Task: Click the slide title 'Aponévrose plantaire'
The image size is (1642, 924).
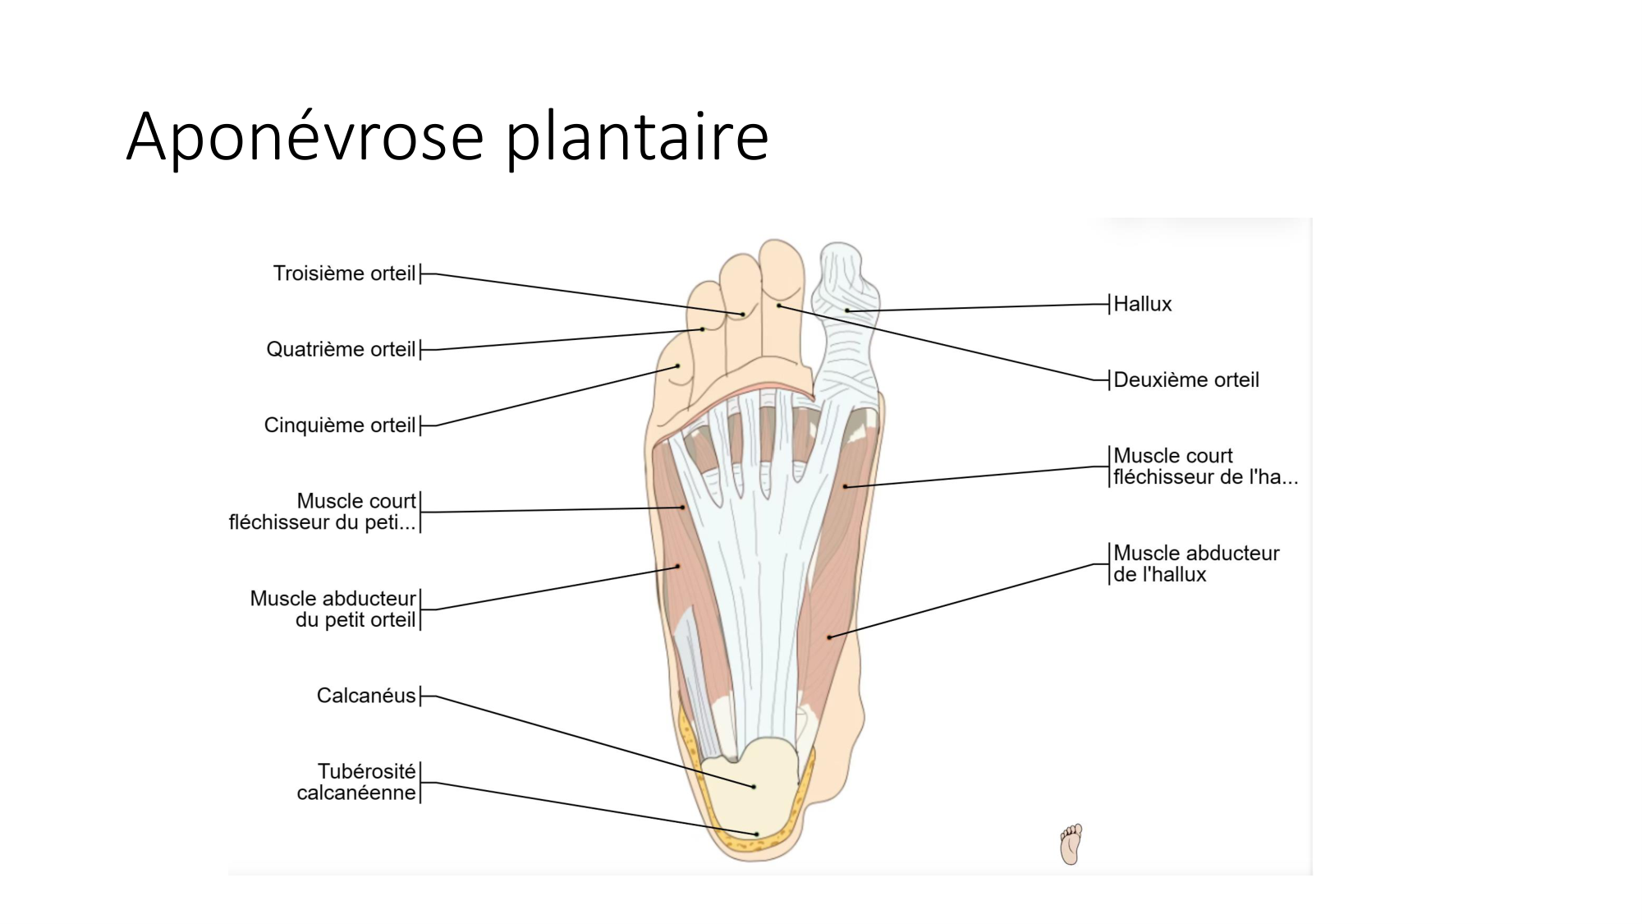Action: click(447, 136)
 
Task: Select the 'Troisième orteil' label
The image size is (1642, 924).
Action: click(344, 274)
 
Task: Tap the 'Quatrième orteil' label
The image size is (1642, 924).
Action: click(341, 350)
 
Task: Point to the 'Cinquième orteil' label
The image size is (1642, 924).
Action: click(339, 425)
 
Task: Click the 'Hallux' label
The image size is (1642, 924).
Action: click(1142, 305)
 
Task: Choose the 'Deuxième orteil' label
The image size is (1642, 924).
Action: click(1186, 380)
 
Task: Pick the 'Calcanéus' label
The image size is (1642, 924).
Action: click(366, 696)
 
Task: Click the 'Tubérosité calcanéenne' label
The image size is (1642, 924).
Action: click(357, 782)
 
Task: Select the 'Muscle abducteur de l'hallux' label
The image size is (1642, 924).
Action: click(1195, 564)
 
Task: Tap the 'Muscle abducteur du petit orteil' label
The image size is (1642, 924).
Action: click(333, 609)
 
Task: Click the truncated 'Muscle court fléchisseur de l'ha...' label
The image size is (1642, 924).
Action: click(1204, 467)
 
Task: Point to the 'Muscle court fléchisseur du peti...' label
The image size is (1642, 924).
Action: click(323, 512)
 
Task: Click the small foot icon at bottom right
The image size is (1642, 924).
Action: click(1071, 844)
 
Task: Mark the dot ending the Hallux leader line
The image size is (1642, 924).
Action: click(847, 310)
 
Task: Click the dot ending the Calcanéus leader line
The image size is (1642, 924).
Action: click(754, 787)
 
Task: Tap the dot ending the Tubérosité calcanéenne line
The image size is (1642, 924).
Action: click(757, 834)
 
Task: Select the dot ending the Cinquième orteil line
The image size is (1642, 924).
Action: click(678, 365)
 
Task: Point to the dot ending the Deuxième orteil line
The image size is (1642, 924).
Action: click(778, 306)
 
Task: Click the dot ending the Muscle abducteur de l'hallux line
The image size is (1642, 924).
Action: click(829, 637)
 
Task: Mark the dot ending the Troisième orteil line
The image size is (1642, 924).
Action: click(743, 315)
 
